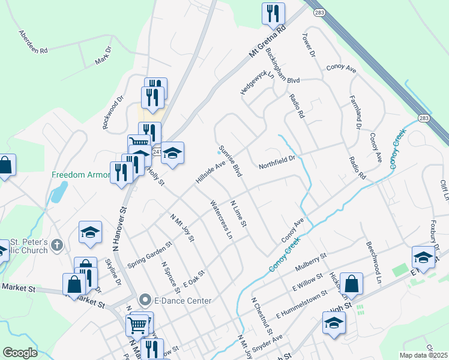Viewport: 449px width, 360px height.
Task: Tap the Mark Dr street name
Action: [x=104, y=57]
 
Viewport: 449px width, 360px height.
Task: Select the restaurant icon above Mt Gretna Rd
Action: [x=273, y=13]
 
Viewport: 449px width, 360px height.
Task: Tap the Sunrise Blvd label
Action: [x=230, y=161]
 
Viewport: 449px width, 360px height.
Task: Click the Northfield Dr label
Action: [x=277, y=163]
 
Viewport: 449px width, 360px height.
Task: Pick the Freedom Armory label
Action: [x=82, y=175]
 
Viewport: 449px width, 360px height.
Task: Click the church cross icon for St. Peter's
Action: [x=57, y=244]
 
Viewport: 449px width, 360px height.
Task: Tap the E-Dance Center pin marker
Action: [x=144, y=300]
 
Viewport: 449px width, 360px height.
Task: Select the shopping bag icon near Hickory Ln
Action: [x=353, y=284]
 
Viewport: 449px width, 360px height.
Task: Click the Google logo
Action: [x=20, y=353]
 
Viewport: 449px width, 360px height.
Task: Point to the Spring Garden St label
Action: [x=149, y=256]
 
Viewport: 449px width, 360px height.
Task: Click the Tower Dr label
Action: [x=309, y=45]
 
